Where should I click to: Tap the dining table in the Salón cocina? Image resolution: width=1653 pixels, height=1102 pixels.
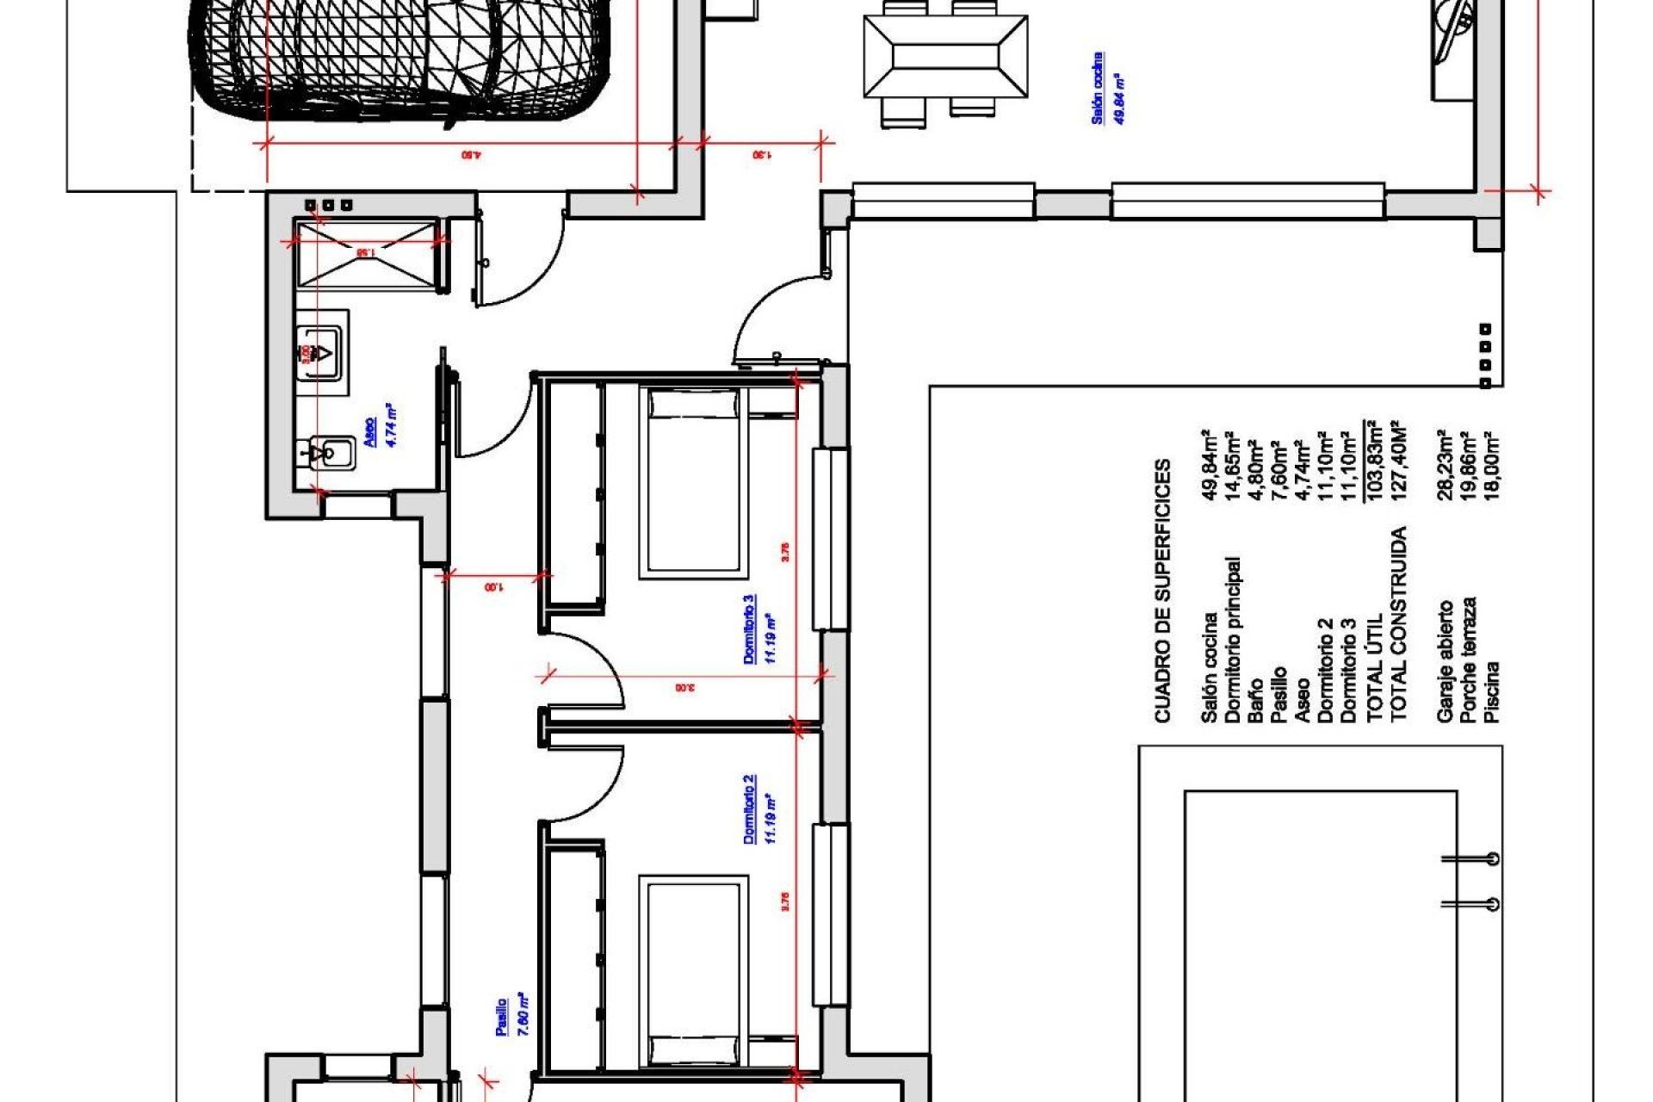944,59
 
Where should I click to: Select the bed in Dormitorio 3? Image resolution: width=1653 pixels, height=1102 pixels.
692,482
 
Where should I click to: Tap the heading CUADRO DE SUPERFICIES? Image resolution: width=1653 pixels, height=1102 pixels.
1162,590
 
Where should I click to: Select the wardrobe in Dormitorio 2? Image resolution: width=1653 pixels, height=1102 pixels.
573,956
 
